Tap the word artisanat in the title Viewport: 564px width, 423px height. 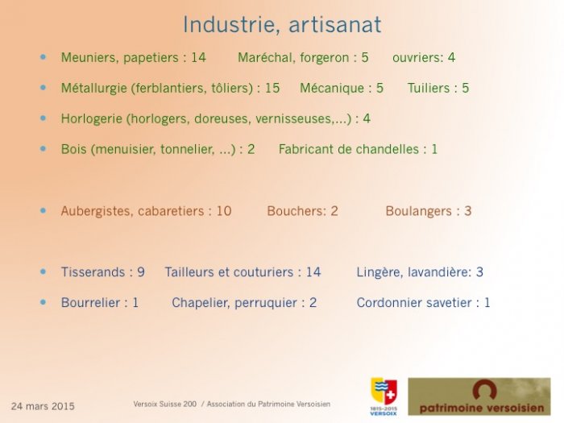334,25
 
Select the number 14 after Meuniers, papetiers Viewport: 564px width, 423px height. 198,57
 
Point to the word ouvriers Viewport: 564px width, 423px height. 417,57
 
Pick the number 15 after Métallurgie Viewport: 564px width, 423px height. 272,88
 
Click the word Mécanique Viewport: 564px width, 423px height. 332,88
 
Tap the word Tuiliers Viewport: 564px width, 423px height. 429,88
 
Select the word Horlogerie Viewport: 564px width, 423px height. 91,118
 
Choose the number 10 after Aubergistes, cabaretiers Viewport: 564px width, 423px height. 224,211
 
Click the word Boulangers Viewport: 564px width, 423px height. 418,211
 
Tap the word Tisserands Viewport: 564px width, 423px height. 93,272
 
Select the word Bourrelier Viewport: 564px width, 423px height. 90,302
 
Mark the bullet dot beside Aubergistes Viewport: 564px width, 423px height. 44,211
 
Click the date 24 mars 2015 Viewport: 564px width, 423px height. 43,406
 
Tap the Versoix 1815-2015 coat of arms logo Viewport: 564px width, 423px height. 384,396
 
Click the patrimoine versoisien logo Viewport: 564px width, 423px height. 479,396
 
